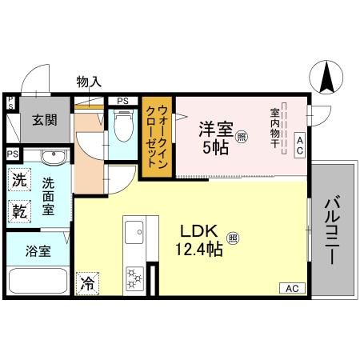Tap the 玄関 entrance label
tap(44, 120)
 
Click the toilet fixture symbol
tap(123, 125)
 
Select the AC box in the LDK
tap(291, 287)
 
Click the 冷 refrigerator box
tap(87, 282)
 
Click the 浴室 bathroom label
tap(38, 250)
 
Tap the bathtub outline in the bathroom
tap(38, 282)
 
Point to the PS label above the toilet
tap(122, 101)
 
